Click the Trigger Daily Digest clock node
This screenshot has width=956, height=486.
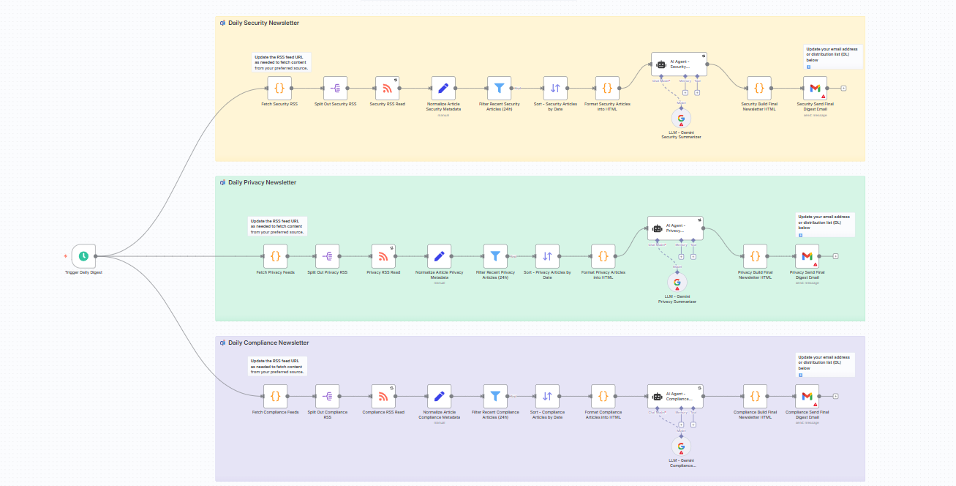pyautogui.click(x=84, y=256)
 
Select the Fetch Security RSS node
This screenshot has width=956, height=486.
pyautogui.click(x=279, y=89)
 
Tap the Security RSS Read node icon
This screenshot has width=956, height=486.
pyautogui.click(x=387, y=89)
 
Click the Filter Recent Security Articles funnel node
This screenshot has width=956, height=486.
pyautogui.click(x=500, y=89)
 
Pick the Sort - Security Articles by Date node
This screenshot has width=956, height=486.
pyautogui.click(x=555, y=89)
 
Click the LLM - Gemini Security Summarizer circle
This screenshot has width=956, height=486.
pyautogui.click(x=681, y=118)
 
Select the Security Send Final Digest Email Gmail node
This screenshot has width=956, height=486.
pyautogui.click(x=815, y=89)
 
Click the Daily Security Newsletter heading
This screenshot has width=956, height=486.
pyautogui.click(x=263, y=23)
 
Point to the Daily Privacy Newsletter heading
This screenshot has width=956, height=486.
pyautogui.click(x=262, y=182)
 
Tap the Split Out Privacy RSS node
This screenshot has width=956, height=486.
pyautogui.click(x=327, y=256)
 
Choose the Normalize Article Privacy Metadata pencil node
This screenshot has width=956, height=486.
pyautogui.click(x=439, y=256)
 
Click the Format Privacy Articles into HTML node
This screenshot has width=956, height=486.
pyautogui.click(x=603, y=256)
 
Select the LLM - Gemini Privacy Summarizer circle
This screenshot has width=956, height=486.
pyautogui.click(x=677, y=283)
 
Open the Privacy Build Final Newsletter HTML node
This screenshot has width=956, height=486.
pyautogui.click(x=755, y=256)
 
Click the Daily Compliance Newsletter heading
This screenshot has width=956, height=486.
pyautogui.click(x=268, y=343)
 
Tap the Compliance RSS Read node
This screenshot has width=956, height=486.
pyautogui.click(x=383, y=396)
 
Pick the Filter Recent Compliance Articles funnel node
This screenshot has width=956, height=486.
pyautogui.click(x=495, y=396)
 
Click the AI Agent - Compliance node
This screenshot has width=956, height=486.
pyautogui.click(x=675, y=396)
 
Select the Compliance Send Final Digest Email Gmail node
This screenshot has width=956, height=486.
pyautogui.click(x=807, y=396)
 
